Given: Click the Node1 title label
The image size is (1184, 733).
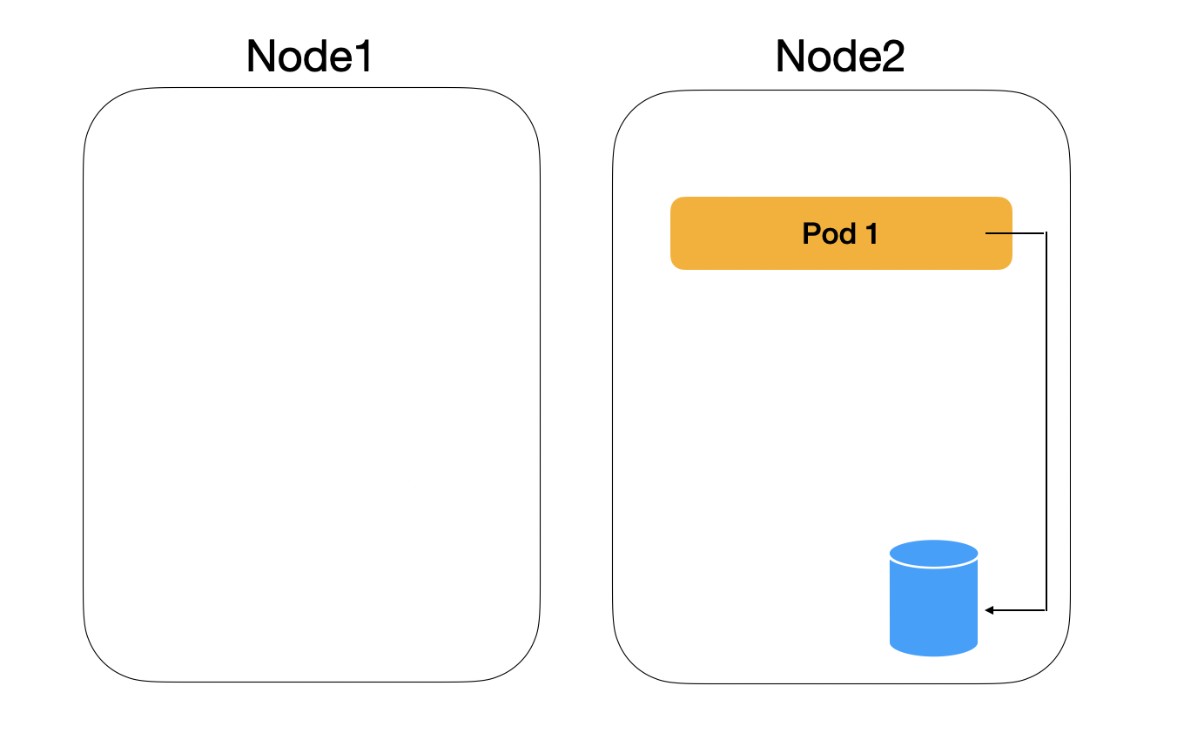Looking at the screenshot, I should [x=310, y=57].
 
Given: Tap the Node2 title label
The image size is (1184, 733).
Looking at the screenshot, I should [x=840, y=57].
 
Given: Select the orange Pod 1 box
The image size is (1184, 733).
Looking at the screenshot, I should [x=749, y=233].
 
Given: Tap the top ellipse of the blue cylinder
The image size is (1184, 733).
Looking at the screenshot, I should [x=934, y=554].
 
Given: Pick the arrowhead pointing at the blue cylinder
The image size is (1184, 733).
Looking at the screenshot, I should [x=990, y=610].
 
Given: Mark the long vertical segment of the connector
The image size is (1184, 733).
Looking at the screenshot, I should [x=1046, y=418].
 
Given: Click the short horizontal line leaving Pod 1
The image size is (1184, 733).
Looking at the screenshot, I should [x=1014, y=233].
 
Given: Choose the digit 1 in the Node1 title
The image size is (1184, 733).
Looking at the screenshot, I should [x=363, y=57].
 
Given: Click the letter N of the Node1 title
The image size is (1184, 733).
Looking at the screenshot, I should [x=262, y=57].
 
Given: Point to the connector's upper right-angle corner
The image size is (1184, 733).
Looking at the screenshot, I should [x=1046, y=233].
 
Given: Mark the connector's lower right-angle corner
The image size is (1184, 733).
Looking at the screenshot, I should [x=1046, y=610].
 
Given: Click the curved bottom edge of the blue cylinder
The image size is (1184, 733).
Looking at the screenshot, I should [x=934, y=654].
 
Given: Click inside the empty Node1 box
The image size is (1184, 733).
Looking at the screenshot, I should [x=311, y=383].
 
